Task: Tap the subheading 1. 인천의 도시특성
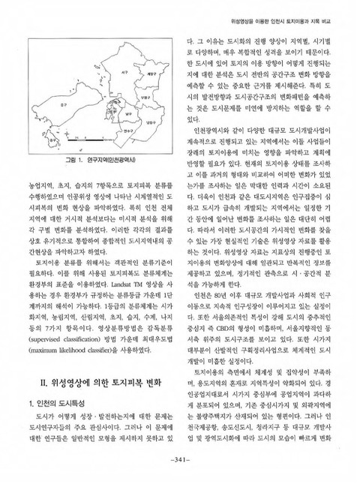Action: [x=58, y=407]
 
